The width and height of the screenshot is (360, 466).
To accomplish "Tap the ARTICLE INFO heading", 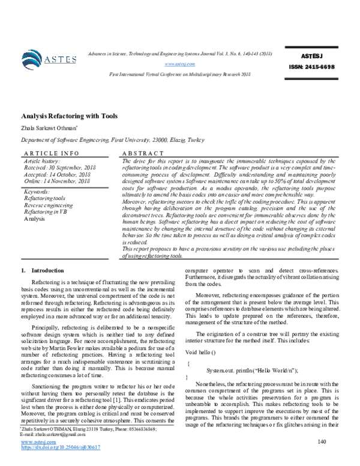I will pos(46,154).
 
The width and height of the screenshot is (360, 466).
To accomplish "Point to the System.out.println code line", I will pos(251,371).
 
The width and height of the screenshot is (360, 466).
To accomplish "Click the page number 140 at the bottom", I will pos(322,442).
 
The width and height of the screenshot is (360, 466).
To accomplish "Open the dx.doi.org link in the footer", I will pos(60,447).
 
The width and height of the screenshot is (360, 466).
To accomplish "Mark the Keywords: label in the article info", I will pos(37,191).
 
